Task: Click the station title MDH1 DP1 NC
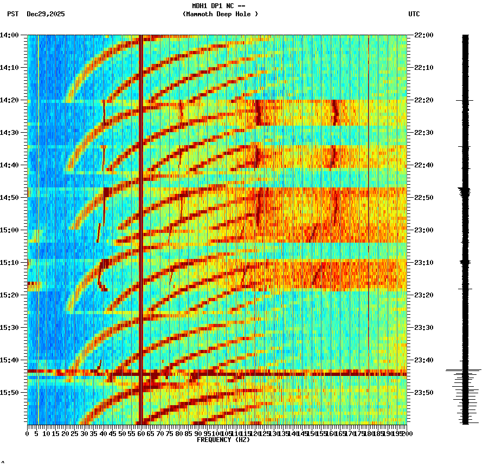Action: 219,6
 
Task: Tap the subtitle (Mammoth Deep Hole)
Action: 220,14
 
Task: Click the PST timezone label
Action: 12,14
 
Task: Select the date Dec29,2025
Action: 46,14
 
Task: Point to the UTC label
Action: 414,14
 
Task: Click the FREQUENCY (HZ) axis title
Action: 223,440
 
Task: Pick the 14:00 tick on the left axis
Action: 9,35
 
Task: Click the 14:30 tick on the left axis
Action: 9,133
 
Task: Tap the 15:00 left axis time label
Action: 9,230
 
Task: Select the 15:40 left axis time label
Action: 9,360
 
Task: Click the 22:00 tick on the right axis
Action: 424,35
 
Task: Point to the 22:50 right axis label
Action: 424,198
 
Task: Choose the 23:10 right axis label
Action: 424,263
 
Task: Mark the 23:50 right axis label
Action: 424,393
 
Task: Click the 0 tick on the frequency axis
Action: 28,433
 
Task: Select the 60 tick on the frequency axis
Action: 141,433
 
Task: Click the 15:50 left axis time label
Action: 9,393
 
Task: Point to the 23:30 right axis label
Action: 424,328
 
